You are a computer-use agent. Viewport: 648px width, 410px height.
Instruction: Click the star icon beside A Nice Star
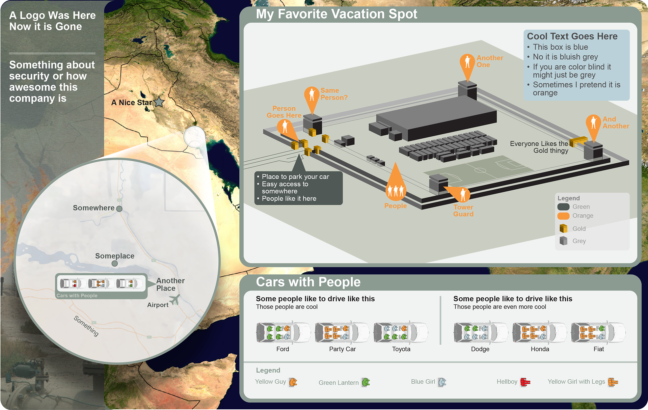159,102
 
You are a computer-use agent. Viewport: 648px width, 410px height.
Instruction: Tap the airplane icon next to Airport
174,299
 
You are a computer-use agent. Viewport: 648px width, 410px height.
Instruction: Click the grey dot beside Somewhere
119,209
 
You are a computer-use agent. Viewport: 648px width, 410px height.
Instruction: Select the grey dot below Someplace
115,264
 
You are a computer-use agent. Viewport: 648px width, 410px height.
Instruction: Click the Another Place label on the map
170,284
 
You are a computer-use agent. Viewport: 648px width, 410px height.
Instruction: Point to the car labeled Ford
283,332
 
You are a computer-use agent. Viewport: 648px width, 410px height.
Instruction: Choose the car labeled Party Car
342,332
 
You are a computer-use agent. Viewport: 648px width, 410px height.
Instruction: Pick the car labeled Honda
539,332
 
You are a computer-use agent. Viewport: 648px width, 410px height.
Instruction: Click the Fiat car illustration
598,332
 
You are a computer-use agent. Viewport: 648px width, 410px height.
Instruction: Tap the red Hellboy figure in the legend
525,382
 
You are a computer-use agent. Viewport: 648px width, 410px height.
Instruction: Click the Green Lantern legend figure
366,382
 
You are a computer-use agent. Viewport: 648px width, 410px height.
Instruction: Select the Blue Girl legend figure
442,382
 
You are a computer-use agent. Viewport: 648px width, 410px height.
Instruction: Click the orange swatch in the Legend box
563,216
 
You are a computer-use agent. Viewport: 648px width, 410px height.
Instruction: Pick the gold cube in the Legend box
563,228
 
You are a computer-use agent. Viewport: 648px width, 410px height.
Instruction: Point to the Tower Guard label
463,211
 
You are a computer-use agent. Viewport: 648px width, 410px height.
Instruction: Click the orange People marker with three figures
396,190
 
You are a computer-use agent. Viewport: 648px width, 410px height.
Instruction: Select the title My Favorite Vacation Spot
336,14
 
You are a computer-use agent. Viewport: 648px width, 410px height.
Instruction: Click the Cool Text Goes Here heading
572,36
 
